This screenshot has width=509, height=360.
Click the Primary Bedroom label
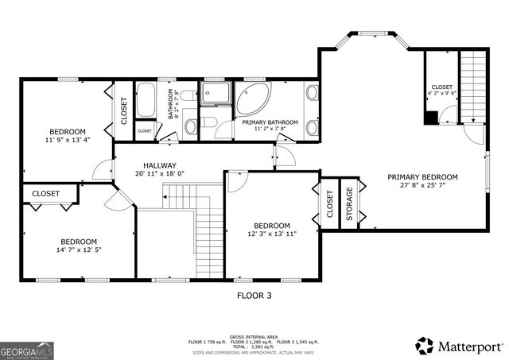(422, 177)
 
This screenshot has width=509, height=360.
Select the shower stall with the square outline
(214, 93)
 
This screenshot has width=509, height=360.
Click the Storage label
(348, 204)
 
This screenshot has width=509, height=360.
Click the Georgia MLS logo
(23, 350)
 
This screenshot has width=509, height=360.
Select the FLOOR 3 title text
(254, 295)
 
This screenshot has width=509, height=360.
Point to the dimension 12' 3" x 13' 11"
(272, 234)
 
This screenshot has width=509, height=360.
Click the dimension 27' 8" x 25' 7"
(422, 187)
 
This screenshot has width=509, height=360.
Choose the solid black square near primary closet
(429, 118)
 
